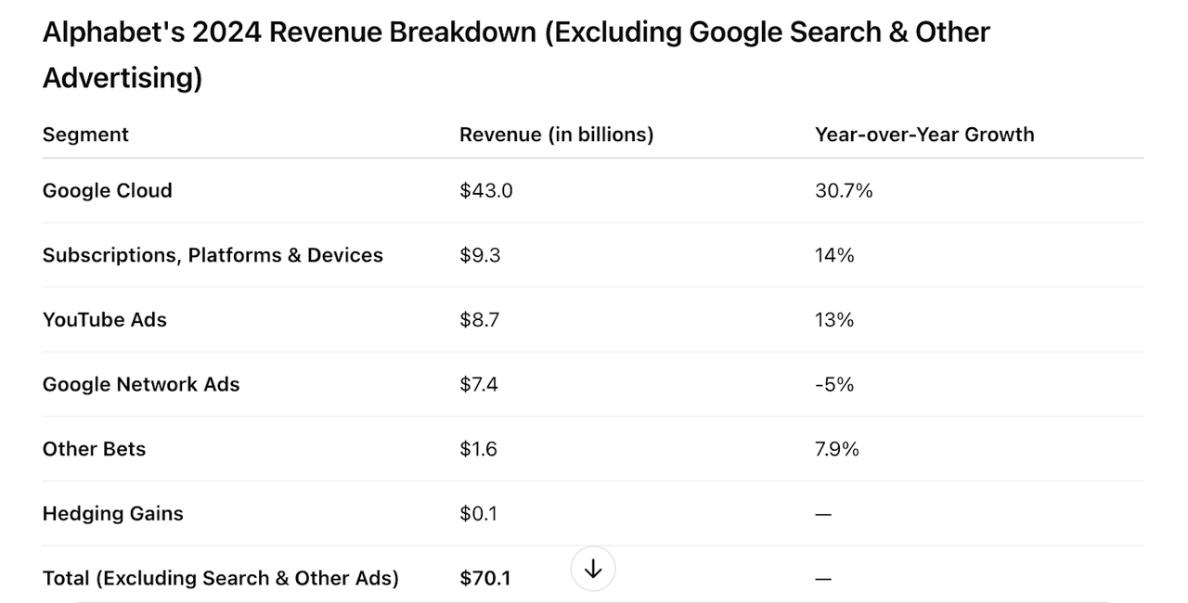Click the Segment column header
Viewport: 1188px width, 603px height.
(85, 135)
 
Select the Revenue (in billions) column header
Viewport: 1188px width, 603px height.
(556, 135)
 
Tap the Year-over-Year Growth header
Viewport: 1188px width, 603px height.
(924, 135)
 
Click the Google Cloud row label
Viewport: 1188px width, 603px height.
(108, 190)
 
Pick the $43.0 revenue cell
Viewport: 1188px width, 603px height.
(485, 190)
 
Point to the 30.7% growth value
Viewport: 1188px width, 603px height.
(844, 190)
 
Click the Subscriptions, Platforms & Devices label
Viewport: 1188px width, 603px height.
(213, 255)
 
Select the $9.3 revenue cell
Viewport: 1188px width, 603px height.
(480, 255)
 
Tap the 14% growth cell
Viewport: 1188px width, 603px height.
(834, 255)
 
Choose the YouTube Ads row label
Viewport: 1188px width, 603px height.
(105, 320)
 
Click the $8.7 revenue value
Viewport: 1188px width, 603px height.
(480, 320)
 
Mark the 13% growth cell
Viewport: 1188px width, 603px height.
(834, 320)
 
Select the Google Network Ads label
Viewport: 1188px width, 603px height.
(141, 384)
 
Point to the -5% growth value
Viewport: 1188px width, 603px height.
(834, 384)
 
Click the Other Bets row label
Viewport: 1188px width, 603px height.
(94, 449)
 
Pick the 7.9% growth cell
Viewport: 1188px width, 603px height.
(837, 449)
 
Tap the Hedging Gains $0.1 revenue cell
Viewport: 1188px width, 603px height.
(478, 513)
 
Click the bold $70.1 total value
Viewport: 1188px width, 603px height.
(485, 578)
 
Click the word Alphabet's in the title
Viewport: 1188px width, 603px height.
(112, 32)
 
